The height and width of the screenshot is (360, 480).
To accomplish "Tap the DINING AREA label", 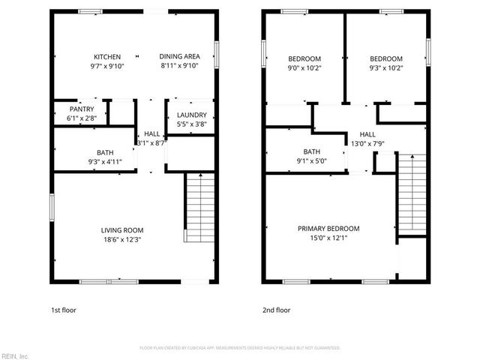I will (179, 56).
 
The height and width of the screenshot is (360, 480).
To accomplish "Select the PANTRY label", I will (82, 109).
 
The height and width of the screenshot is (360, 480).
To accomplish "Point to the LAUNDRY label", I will (190, 115).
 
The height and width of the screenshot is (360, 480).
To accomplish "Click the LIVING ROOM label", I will (122, 230).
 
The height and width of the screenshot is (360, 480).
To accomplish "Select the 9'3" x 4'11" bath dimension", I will (105, 160).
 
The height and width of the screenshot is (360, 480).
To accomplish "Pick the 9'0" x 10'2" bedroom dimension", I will (304, 67).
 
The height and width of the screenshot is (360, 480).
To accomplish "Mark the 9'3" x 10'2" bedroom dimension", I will (386, 67).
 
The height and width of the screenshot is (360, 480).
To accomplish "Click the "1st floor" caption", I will (63, 310).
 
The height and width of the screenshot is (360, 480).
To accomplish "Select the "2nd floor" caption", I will (276, 310).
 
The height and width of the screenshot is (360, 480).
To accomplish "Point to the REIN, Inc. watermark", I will (14, 355).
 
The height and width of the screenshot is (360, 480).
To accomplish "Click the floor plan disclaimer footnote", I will (240, 348).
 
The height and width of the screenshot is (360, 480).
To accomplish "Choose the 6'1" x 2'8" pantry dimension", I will (82, 118).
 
